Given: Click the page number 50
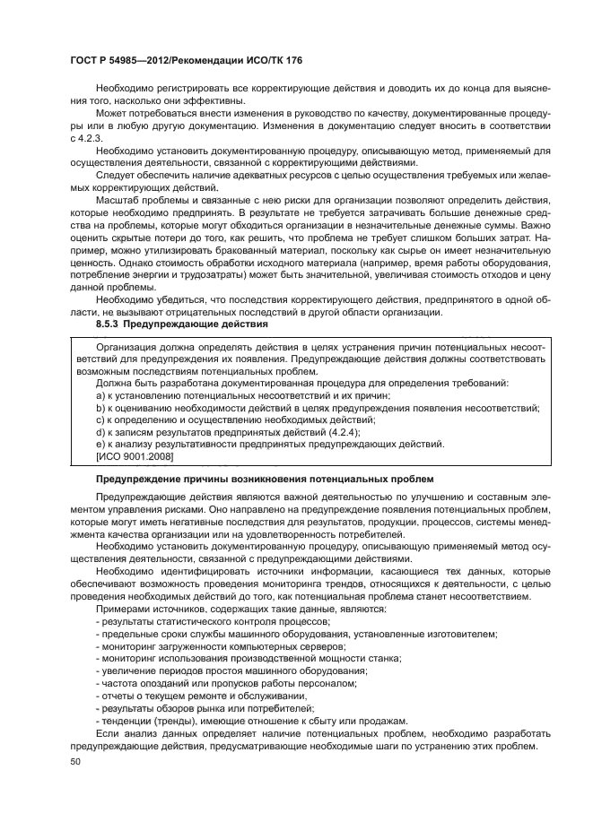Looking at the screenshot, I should pos(75,760).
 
